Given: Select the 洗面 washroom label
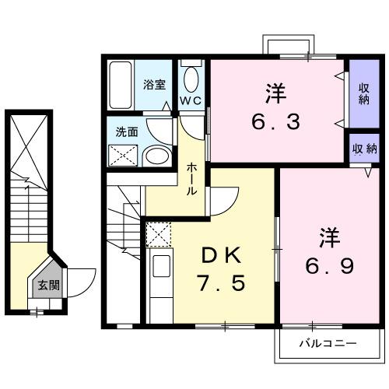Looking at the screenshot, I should point(127,132).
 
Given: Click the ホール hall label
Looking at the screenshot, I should point(191,178).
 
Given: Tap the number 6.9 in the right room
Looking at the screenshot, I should point(329,266).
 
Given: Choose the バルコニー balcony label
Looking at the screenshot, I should point(328,343).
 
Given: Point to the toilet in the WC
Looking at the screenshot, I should point(191,79).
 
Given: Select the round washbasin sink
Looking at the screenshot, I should point(158,155).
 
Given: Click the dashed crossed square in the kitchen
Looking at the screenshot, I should point(159,234).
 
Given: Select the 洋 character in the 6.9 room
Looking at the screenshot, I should point(329,234).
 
